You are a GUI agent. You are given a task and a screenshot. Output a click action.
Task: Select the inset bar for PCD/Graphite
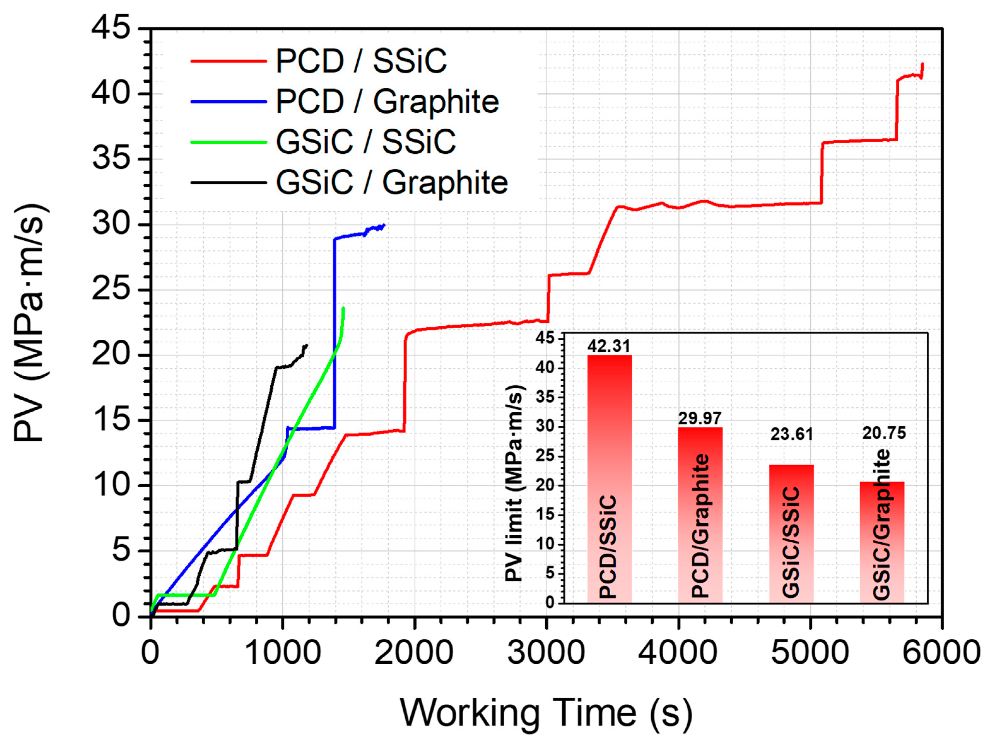[700, 515]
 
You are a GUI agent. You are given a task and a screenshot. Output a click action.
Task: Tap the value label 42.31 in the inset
[609, 346]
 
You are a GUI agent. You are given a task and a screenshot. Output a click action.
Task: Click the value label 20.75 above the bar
[884, 433]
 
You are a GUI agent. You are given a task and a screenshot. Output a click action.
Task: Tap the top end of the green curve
[343, 308]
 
